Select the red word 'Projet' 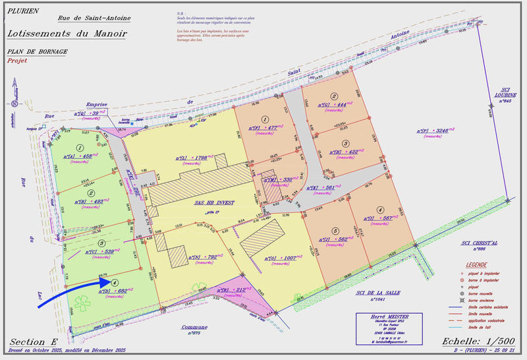18,60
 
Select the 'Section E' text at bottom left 33,341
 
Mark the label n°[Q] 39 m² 90,114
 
